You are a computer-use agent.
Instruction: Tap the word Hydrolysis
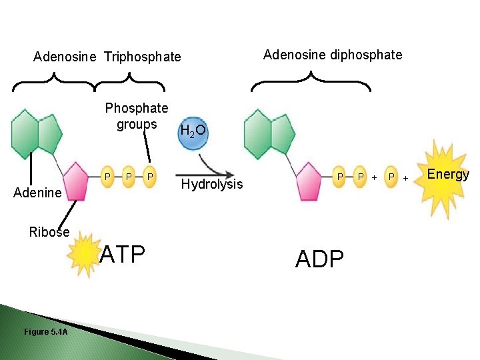(212, 184)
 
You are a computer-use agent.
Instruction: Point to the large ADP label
(319, 258)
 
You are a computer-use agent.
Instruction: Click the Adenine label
(37, 193)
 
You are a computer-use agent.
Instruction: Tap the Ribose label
(49, 232)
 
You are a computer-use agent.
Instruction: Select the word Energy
(448, 175)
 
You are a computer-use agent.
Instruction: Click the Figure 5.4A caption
(45, 331)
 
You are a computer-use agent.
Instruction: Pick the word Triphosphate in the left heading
(142, 57)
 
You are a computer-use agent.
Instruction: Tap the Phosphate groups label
(137, 116)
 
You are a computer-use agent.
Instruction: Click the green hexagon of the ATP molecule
(25, 132)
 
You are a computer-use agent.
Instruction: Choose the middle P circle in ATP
(127, 176)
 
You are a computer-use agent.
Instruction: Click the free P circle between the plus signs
(393, 177)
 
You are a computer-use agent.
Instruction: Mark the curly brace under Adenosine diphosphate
(311, 83)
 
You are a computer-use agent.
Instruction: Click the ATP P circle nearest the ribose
(107, 176)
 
